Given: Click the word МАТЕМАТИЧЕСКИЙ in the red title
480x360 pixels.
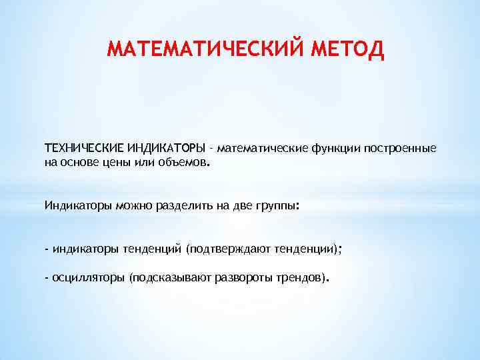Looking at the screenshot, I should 207,49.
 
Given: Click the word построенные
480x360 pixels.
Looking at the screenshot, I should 401,147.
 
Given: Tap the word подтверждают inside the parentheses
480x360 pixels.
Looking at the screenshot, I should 228,249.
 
